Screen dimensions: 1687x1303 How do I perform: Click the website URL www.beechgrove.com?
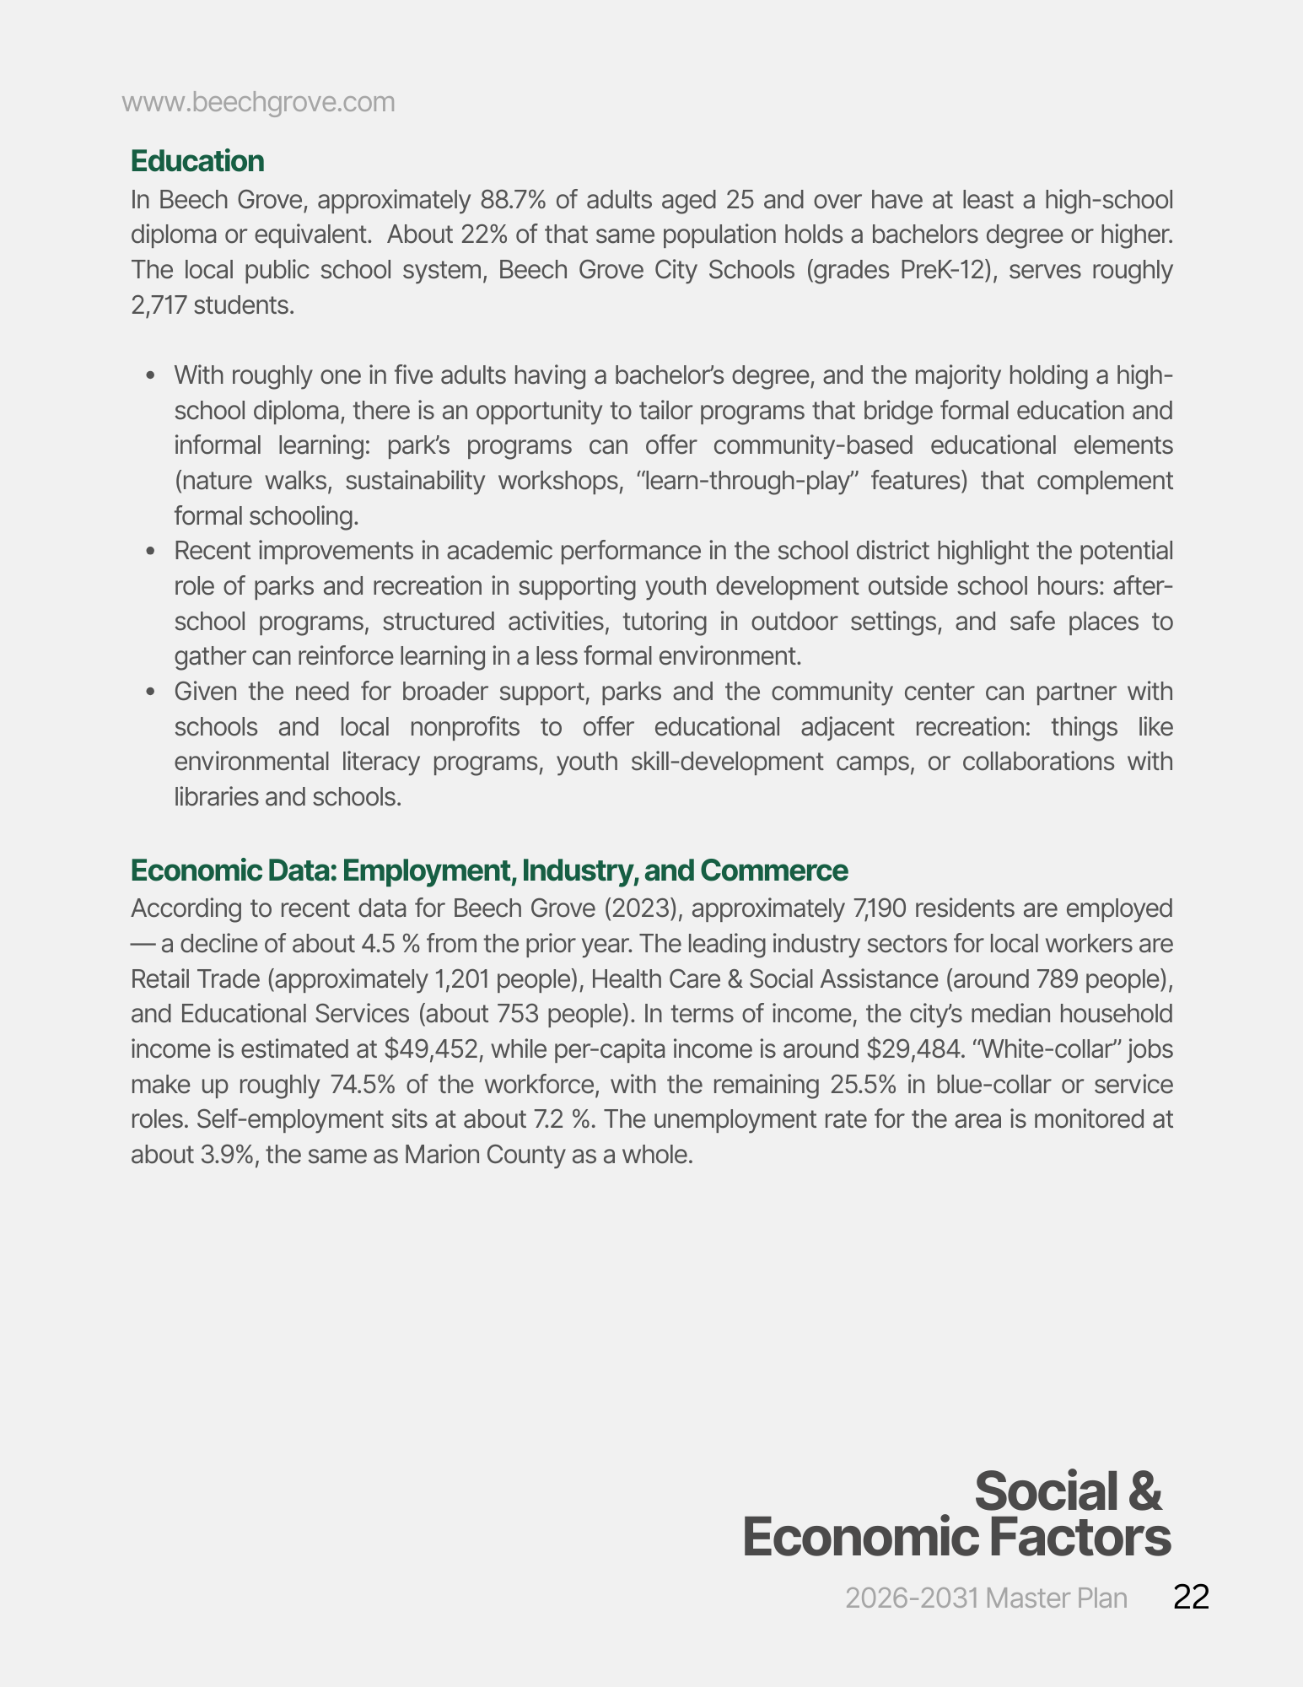(x=258, y=102)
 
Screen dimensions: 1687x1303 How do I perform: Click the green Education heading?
(x=197, y=161)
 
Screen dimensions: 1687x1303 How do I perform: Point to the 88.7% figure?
(x=513, y=201)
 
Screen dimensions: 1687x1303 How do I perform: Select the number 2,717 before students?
(x=159, y=305)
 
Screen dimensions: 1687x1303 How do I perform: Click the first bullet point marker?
(x=151, y=375)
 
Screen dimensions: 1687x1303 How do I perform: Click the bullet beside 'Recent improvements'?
(x=151, y=552)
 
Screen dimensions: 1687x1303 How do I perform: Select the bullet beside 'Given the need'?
(x=151, y=693)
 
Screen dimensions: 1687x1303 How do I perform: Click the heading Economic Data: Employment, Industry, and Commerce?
(x=489, y=870)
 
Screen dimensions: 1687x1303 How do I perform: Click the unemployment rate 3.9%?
(x=227, y=1155)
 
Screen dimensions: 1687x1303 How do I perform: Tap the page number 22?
(x=1191, y=1598)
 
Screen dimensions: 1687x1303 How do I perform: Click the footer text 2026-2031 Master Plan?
(x=986, y=1598)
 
